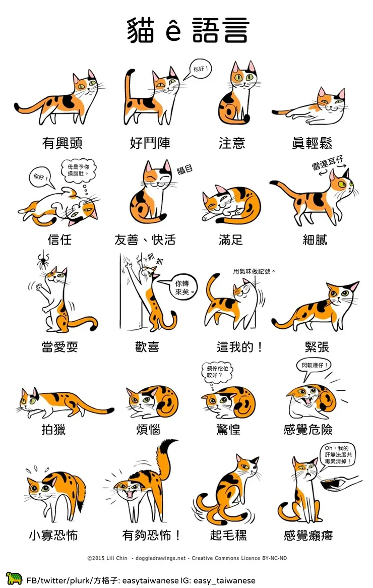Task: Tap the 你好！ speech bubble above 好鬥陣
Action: pyautogui.click(x=200, y=70)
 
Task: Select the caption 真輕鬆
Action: pyautogui.click(x=312, y=143)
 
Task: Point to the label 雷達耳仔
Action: pyautogui.click(x=327, y=163)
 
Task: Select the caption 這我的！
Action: pyautogui.click(x=239, y=347)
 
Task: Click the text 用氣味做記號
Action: pyautogui.click(x=254, y=271)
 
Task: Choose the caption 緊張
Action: pyautogui.click(x=317, y=347)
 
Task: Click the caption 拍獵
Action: pyautogui.click(x=53, y=430)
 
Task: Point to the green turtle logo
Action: pyautogui.click(x=14, y=578)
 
